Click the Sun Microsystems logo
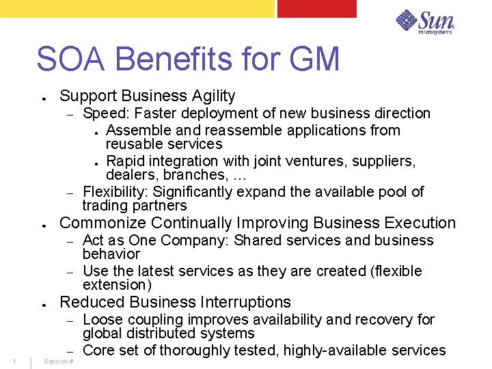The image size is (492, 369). pos(425,22)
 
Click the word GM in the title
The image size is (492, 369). pos(314,59)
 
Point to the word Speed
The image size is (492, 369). pos(100,113)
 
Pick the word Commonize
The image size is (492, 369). pos(103,223)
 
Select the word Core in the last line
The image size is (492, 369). pos(99,351)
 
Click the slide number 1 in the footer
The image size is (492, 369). pos(14,361)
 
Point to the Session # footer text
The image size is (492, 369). pos(58,361)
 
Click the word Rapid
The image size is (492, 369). pos(126,161)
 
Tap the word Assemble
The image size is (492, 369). pos(136,131)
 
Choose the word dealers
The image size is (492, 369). pos(128,175)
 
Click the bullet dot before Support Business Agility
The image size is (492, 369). pos(43,98)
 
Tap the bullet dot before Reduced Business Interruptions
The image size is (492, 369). pos(43,303)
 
